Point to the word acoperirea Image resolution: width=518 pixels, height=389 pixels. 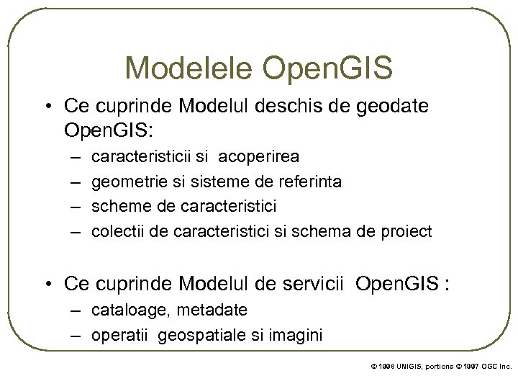pos(259,156)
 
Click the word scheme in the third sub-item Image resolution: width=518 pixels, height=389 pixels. pos(117,206)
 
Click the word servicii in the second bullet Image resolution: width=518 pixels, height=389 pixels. pos(317,283)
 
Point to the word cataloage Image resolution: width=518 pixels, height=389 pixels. pos(125,310)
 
